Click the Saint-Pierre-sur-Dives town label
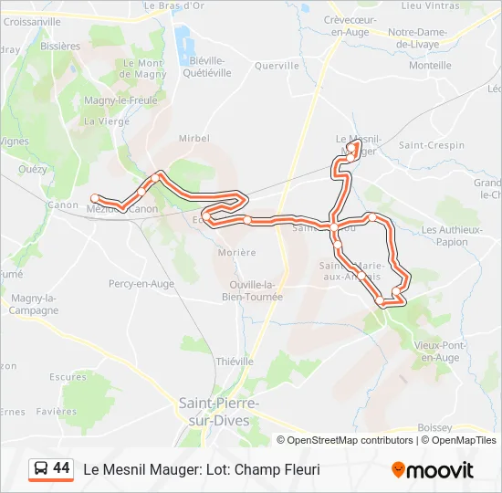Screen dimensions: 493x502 (x=219, y=411)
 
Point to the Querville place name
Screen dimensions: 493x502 (x=277, y=66)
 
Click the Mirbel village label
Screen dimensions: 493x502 (x=193, y=138)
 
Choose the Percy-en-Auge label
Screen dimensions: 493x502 (x=141, y=284)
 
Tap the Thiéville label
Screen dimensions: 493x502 (x=235, y=362)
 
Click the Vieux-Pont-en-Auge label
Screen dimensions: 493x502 (x=441, y=351)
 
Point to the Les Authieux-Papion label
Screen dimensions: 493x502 (x=445, y=236)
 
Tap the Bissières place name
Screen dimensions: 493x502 (x=60, y=46)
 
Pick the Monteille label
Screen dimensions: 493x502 (x=430, y=66)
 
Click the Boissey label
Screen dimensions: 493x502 (x=434, y=427)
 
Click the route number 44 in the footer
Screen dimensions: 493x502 (x=61, y=468)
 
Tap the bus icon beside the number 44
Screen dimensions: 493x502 (x=41, y=469)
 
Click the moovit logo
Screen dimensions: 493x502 (x=433, y=470)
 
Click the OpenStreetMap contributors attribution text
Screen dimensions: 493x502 (x=350, y=440)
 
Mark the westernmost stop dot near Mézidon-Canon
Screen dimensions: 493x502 (x=95, y=197)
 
